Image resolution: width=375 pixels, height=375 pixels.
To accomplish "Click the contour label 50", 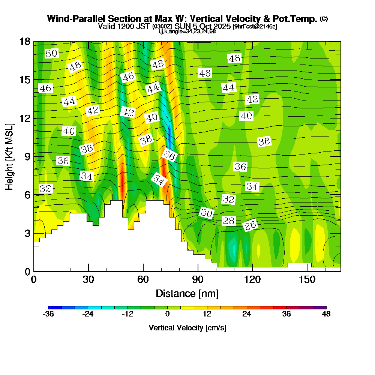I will click(51, 54).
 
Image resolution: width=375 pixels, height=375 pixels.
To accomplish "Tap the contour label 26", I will click(250, 226).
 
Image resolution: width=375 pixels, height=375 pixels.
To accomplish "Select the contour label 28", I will click(229, 221).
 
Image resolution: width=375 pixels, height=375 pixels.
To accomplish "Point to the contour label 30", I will click(206, 213).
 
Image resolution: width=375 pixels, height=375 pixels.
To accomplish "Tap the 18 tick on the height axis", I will click(25, 41).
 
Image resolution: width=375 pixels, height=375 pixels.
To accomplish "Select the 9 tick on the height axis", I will click(27, 156).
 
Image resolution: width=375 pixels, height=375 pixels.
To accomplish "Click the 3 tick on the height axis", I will click(27, 233).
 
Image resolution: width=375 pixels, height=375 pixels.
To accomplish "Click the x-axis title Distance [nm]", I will click(187, 293).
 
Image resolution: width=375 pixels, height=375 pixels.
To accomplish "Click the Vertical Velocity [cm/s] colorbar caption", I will click(187, 328).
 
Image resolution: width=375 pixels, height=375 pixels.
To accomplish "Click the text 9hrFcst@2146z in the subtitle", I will click(255, 27).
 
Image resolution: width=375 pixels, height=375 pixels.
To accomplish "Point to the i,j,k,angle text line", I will click(187, 31).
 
